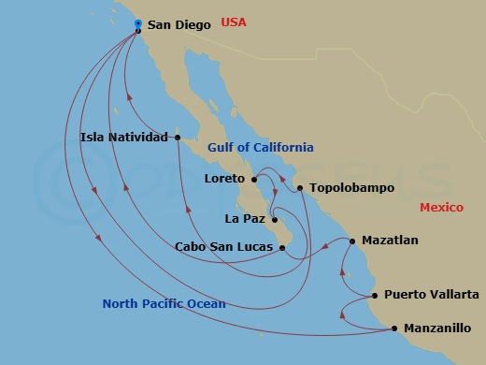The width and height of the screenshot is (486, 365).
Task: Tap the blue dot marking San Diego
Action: (138, 23)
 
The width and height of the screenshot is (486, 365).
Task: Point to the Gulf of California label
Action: (260, 148)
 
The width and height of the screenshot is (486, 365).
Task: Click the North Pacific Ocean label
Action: (164, 303)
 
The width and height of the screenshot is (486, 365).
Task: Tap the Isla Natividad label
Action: (125, 138)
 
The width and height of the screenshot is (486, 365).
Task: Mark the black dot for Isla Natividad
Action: (178, 138)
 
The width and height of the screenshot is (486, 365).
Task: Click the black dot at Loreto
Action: (254, 178)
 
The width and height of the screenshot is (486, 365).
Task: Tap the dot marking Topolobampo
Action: (300, 188)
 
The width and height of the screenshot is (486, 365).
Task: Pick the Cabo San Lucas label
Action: (224, 247)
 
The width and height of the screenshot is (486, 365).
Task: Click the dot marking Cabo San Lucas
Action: (282, 247)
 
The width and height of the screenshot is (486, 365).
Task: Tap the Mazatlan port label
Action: (390, 241)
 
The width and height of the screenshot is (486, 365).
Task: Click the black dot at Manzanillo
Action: (394, 328)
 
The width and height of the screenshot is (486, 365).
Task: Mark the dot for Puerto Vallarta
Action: (375, 296)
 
